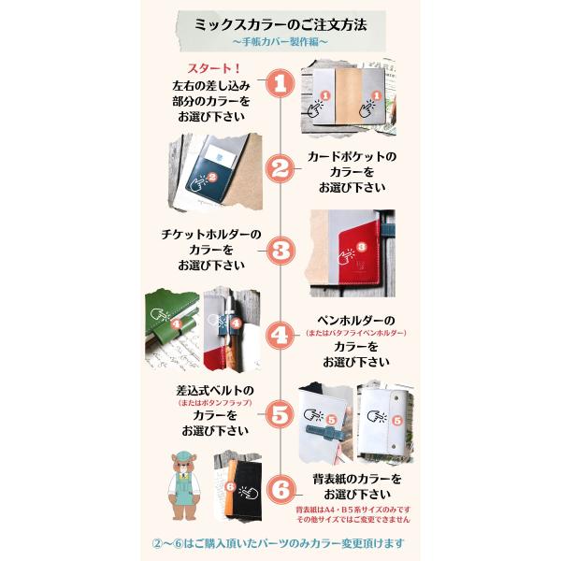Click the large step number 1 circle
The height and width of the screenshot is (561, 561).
click(280, 84)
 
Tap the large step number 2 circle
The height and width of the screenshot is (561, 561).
click(280, 168)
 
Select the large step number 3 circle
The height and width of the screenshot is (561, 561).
click(280, 251)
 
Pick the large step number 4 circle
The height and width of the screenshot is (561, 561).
click(280, 336)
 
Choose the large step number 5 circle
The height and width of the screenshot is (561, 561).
click(280, 414)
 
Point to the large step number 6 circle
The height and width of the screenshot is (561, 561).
click(280, 489)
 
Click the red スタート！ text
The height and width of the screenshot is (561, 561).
click(213, 68)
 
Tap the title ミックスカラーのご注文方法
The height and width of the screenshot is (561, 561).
click(280, 25)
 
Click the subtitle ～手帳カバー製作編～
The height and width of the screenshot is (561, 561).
click(280, 42)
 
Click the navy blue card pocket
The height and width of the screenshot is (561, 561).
click(207, 179)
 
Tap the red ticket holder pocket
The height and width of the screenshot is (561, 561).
click(359, 253)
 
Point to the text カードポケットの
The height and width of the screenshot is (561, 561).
click(352, 157)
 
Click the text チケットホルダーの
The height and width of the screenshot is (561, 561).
click(211, 235)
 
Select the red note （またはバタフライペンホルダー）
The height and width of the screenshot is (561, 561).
click(355, 333)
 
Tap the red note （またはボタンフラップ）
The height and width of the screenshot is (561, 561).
click(215, 402)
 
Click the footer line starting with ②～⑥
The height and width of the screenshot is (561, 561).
click(278, 543)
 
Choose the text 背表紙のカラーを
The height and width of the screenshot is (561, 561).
click(357, 479)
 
